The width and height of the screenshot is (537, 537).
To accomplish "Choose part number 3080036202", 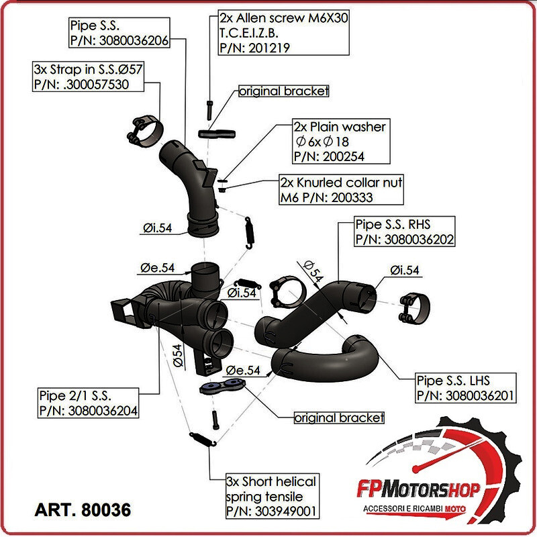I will pyautogui.click(x=405, y=238).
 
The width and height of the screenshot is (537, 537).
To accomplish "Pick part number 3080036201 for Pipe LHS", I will pyautogui.click(x=465, y=395).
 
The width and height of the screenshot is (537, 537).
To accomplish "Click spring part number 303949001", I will pyautogui.click(x=273, y=511).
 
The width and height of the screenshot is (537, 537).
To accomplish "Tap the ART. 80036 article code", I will pyautogui.click(x=83, y=509).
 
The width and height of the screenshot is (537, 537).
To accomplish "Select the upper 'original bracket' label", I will pyautogui.click(x=284, y=91).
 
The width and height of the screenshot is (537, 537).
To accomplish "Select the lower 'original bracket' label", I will pyautogui.click(x=340, y=418).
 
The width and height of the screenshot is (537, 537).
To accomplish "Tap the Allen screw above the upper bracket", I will pyautogui.click(x=211, y=108).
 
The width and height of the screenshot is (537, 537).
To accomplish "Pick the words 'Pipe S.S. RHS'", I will pyautogui.click(x=393, y=224).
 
